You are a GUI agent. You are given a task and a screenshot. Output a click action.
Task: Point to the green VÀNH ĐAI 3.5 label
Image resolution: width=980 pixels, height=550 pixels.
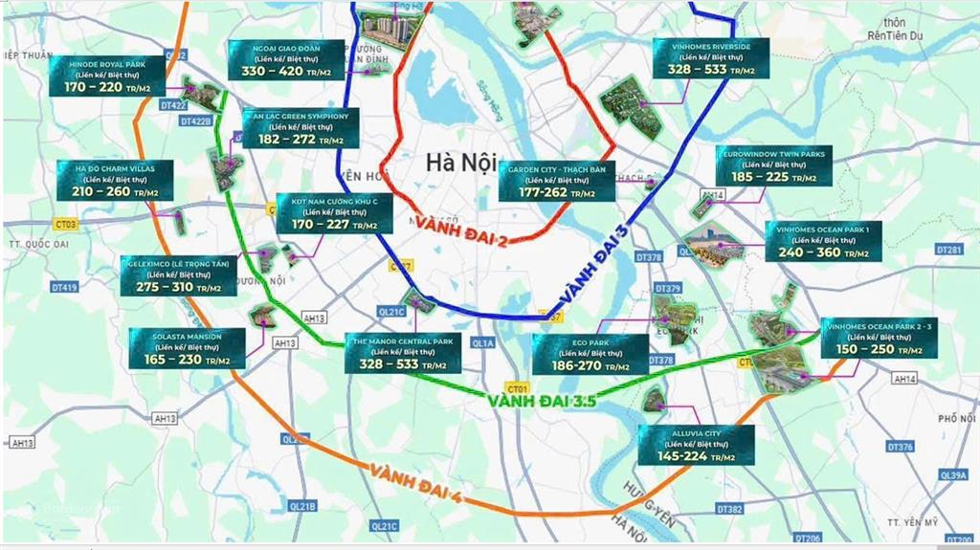[542, 401]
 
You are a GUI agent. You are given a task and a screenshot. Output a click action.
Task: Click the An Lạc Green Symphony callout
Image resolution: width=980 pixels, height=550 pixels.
[301, 127]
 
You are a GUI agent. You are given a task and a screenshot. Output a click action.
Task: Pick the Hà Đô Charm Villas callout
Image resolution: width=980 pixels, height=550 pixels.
[115, 179]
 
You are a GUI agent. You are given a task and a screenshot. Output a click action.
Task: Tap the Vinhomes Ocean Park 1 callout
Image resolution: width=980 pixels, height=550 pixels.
[823, 241]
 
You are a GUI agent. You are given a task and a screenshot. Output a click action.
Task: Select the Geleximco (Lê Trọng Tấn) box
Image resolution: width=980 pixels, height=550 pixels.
[178, 275]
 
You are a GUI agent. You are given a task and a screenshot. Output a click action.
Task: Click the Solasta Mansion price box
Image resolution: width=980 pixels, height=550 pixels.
[187, 348]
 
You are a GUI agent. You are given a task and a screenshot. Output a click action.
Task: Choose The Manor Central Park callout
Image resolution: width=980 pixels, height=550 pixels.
[402, 353]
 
